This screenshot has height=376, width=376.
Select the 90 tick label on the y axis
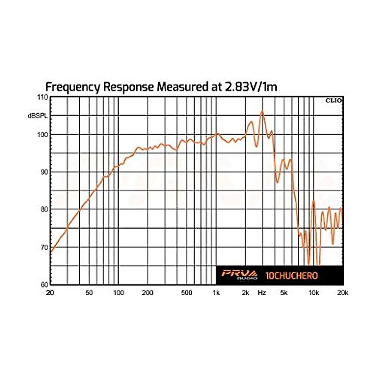44,172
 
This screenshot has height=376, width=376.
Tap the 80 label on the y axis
44,209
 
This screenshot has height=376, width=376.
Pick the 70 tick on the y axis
44,247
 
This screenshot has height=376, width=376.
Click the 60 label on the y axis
44,285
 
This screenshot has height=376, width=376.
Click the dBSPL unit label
37,116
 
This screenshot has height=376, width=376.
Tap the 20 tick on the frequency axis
50,293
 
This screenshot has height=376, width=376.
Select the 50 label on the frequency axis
89,293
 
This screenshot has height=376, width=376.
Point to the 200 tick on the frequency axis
148,293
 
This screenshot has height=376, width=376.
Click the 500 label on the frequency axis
186,293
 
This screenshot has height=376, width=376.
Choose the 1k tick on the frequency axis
216,293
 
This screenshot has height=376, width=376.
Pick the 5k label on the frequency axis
284,293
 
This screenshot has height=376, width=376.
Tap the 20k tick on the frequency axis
342,293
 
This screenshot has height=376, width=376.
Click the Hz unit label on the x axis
262,293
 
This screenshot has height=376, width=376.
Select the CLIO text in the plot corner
334,101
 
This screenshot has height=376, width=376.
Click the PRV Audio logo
239,275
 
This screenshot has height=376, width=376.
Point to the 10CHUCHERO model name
291,276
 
